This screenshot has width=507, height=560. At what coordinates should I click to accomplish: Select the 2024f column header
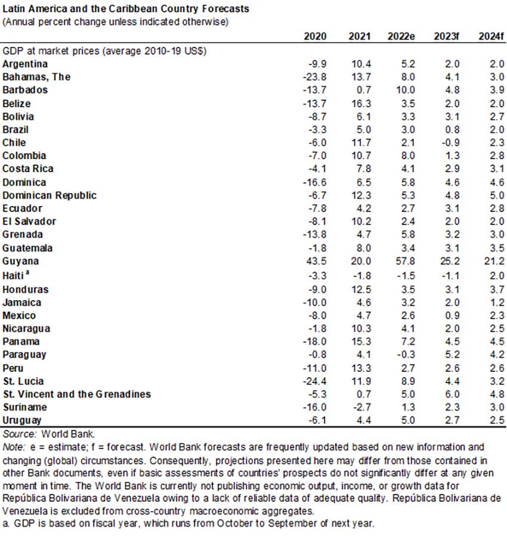click(x=492, y=36)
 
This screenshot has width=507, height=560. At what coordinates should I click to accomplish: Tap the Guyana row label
click(x=21, y=261)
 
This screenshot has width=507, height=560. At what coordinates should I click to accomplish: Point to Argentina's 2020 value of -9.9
click(x=317, y=64)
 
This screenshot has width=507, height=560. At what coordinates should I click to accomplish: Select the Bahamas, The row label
click(x=36, y=77)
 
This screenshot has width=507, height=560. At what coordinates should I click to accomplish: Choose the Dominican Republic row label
click(x=50, y=195)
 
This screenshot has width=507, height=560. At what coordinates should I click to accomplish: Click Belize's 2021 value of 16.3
click(x=360, y=103)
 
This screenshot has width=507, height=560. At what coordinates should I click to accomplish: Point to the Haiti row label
click(x=14, y=275)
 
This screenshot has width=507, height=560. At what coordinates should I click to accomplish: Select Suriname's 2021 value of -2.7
click(x=361, y=407)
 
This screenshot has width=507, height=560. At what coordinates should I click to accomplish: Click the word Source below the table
click(x=17, y=434)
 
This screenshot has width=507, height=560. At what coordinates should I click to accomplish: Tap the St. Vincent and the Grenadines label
click(x=77, y=394)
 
